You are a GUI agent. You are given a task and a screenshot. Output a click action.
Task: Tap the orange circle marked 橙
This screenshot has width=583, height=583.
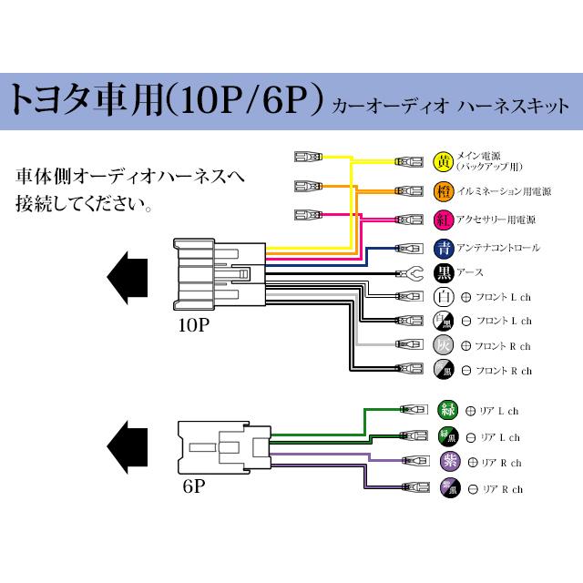[x=444, y=191]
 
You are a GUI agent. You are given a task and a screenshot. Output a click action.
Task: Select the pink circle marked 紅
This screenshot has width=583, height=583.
[x=444, y=220]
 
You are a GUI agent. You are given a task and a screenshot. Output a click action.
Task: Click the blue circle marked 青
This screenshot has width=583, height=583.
[x=444, y=247]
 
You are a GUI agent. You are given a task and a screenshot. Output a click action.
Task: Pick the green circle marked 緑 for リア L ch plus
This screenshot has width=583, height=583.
[x=449, y=410]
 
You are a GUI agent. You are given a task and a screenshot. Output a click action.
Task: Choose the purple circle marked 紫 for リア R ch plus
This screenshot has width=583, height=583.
[x=449, y=462]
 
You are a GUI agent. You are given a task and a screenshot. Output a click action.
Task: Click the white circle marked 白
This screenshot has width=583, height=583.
[x=444, y=297]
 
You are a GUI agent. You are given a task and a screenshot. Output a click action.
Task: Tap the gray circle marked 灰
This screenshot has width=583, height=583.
[x=444, y=346]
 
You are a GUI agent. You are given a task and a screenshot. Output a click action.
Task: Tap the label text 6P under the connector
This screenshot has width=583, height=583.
[x=193, y=486]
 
